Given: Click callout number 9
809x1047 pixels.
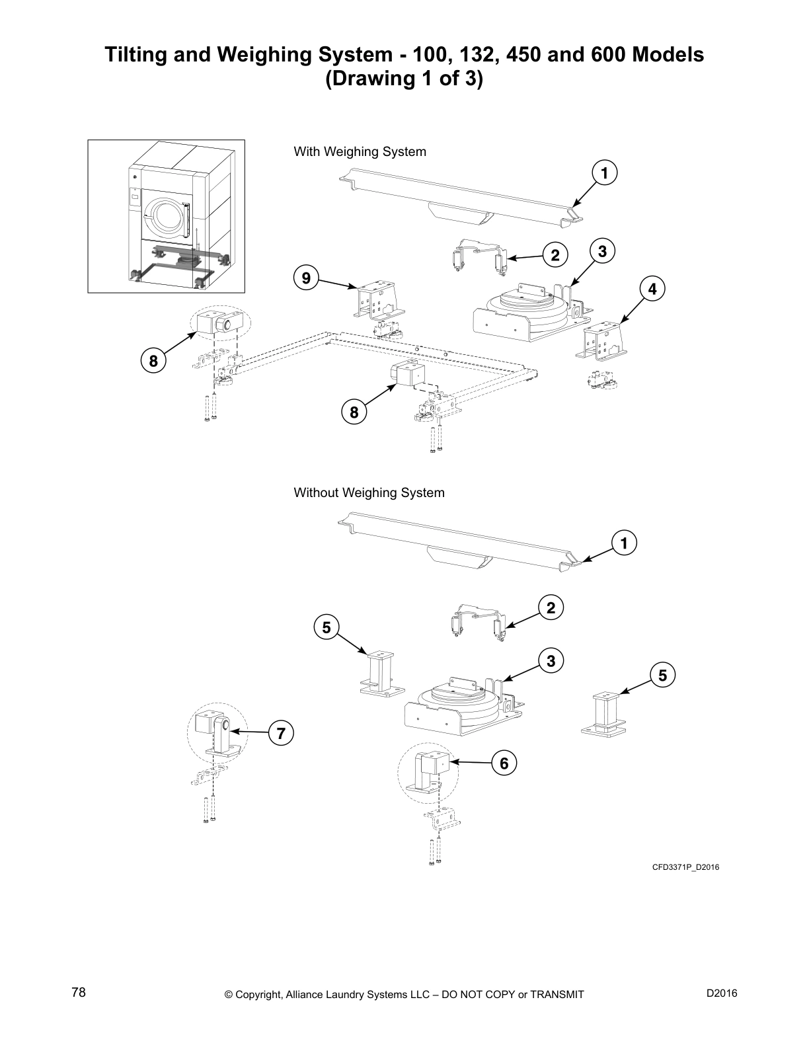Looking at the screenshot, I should pyautogui.click(x=306, y=278).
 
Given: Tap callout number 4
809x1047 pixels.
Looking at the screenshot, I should pyautogui.click(x=652, y=289).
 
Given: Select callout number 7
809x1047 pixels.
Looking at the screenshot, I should pyautogui.click(x=281, y=733).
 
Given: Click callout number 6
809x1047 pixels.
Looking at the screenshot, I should pyautogui.click(x=504, y=763).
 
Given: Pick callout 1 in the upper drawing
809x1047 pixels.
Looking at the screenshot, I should pyautogui.click(x=604, y=173).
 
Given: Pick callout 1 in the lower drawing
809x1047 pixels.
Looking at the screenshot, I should pyautogui.click(x=623, y=543).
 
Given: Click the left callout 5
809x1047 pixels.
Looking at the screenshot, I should pyautogui.click(x=327, y=626).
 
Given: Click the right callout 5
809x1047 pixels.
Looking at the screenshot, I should pyautogui.click(x=663, y=675).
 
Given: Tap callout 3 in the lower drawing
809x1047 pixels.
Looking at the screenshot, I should pyautogui.click(x=551, y=660).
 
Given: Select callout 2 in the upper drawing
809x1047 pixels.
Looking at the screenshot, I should pyautogui.click(x=555, y=256).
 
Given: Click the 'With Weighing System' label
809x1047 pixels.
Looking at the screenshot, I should pyautogui.click(x=360, y=152).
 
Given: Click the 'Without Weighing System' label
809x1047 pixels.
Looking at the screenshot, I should pyautogui.click(x=369, y=493).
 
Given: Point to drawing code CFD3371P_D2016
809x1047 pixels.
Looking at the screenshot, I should pyautogui.click(x=685, y=867).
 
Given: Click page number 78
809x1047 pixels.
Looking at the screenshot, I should pyautogui.click(x=79, y=993).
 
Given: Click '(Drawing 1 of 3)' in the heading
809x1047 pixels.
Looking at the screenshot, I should pyautogui.click(x=404, y=79).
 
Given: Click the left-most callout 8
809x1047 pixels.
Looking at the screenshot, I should pyautogui.click(x=153, y=362).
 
